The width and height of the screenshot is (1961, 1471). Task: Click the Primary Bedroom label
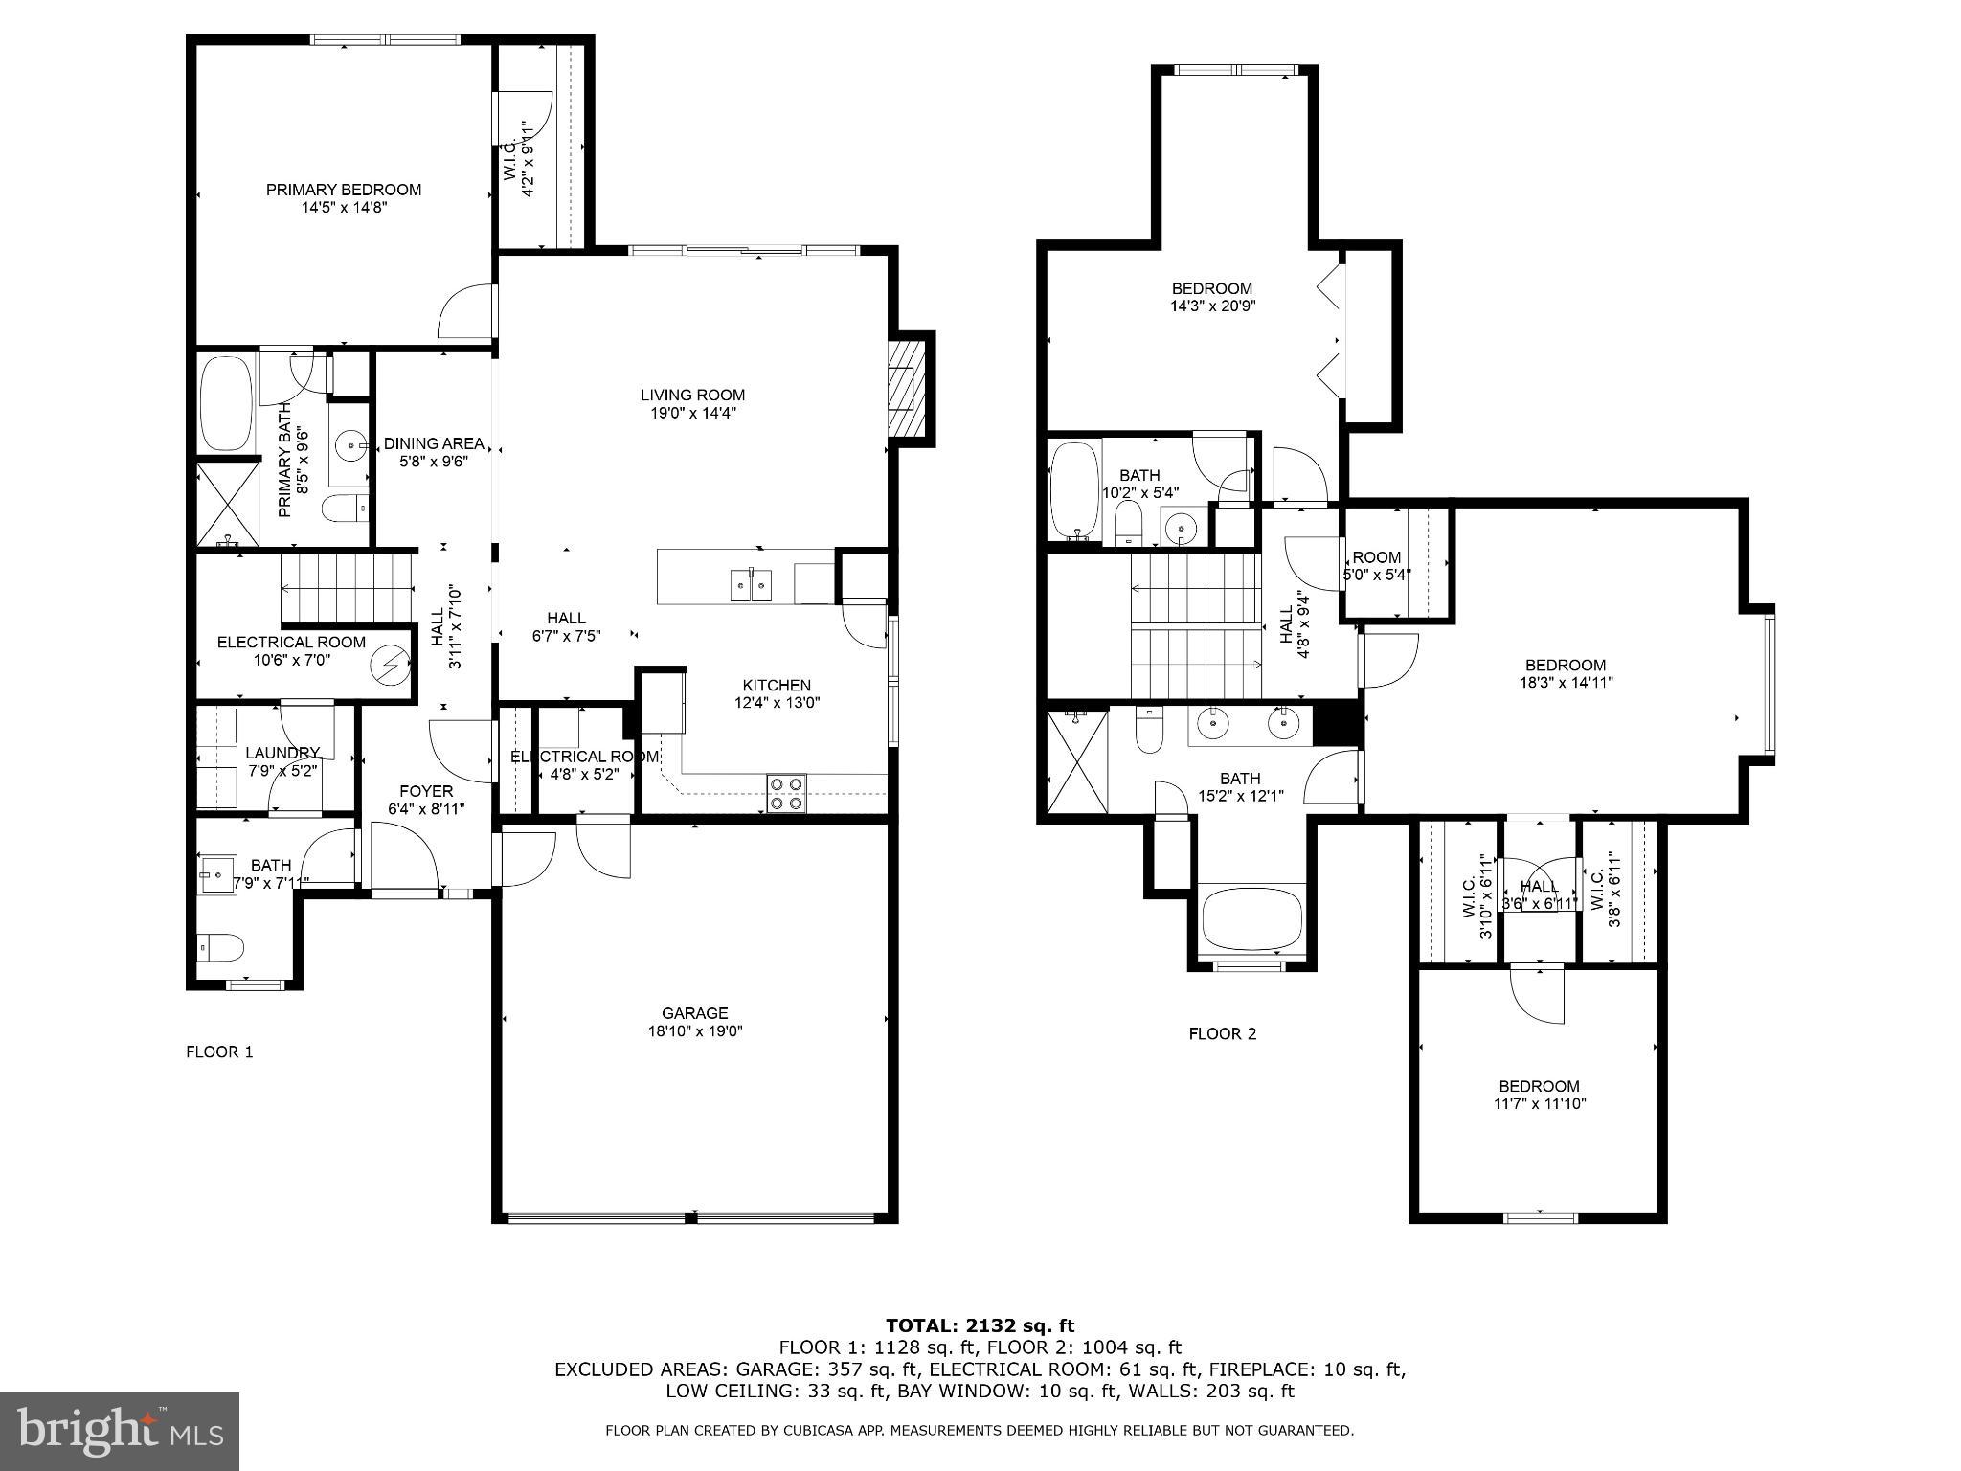click(x=343, y=190)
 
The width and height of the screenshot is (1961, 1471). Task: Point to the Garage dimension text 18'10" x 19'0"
click(x=694, y=1031)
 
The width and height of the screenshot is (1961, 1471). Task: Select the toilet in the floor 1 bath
click(x=219, y=948)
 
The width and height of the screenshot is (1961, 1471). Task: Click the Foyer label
click(x=426, y=791)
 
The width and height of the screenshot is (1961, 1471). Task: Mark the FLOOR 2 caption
click(x=1222, y=1033)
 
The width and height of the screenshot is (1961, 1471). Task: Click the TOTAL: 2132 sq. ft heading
click(x=980, y=1325)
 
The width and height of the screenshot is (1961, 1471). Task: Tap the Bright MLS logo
click(x=120, y=1432)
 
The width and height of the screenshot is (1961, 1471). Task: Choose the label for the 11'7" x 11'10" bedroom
click(x=1539, y=1086)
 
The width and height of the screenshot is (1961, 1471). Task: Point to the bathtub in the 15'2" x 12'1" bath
click(x=1251, y=918)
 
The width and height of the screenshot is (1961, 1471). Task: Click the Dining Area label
click(x=434, y=443)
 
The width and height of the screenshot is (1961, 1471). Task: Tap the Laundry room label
click(x=282, y=753)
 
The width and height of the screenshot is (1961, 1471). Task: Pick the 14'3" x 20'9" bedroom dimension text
click(x=1212, y=306)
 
